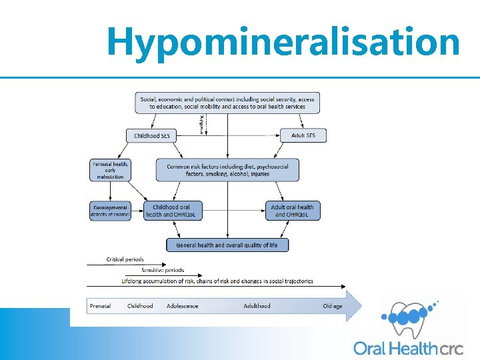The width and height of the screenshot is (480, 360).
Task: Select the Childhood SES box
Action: [x=152, y=135]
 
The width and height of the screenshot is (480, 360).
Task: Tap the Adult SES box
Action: [x=303, y=135]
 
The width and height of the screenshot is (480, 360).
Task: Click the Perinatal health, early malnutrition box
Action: [x=111, y=169]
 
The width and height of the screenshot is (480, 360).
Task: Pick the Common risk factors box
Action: [x=227, y=170]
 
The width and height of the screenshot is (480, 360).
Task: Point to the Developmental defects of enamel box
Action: [x=111, y=211]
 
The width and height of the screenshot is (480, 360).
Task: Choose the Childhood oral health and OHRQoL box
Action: [x=171, y=211]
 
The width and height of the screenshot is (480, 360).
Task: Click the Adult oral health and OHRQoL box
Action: [x=292, y=211]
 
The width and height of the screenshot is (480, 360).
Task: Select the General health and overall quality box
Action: [x=227, y=245]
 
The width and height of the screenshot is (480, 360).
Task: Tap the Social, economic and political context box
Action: [x=227, y=103]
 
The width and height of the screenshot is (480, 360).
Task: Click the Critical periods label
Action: [x=125, y=259]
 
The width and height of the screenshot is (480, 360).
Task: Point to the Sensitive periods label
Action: [x=163, y=270]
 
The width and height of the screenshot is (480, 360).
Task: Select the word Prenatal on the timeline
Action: [x=100, y=306]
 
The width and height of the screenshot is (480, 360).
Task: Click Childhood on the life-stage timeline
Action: [x=140, y=306]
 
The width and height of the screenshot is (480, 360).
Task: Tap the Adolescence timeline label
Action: [x=183, y=306]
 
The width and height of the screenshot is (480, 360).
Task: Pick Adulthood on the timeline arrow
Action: [x=257, y=306]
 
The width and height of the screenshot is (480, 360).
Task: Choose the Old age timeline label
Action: [x=332, y=306]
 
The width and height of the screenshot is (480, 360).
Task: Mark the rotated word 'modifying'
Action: [x=202, y=125]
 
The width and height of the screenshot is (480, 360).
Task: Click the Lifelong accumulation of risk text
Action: [x=217, y=281]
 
